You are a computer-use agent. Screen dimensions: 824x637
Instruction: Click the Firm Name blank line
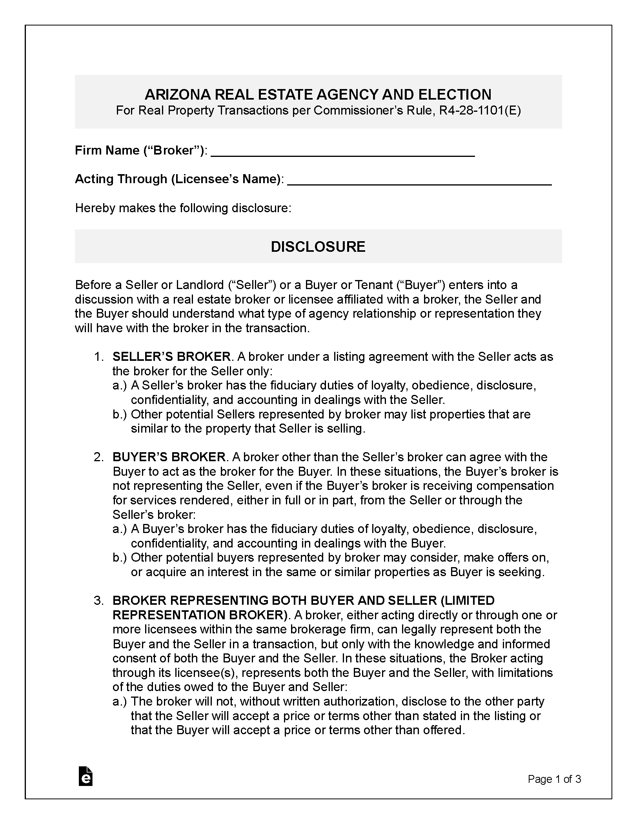[342, 153]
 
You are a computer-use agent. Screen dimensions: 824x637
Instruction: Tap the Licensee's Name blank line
[419, 181]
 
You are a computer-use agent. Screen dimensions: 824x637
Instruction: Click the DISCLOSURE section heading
[318, 247]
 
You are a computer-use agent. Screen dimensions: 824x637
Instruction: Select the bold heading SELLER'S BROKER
[171, 357]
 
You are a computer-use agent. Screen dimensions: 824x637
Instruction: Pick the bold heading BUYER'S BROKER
[169, 457]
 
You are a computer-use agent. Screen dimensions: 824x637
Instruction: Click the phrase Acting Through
[121, 179]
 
